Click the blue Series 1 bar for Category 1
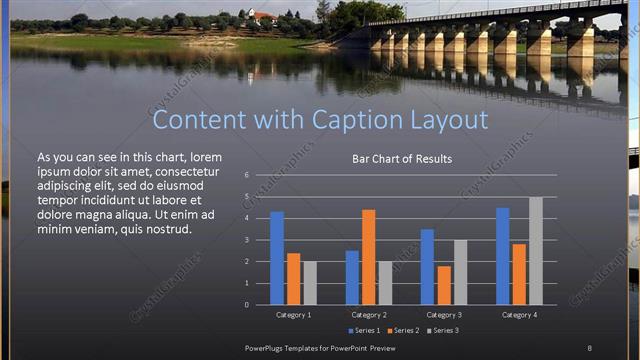coord(277,258)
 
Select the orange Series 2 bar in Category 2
coord(368,257)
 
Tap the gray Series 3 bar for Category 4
coord(535,251)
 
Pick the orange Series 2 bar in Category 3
coord(444,285)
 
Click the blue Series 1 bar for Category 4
coord(503,256)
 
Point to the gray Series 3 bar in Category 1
coord(309,283)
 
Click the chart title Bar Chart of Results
coord(401,159)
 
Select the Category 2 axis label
coord(369,315)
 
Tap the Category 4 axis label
coord(518,315)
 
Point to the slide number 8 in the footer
coord(590,347)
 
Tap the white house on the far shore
coord(263,17)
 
